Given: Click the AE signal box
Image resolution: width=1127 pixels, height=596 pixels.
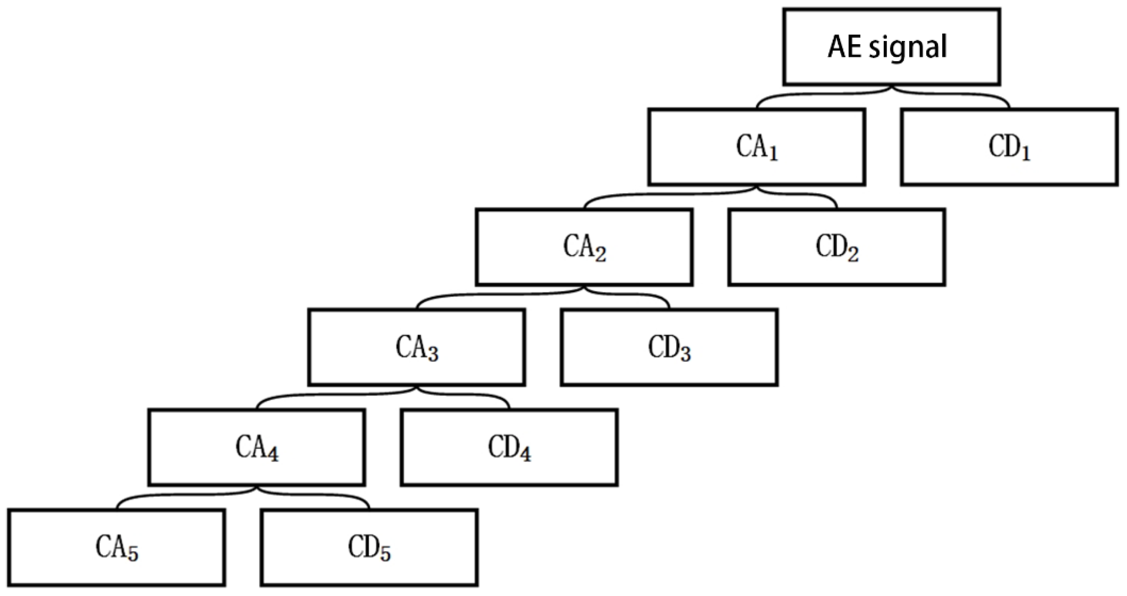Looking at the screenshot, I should (x=891, y=46).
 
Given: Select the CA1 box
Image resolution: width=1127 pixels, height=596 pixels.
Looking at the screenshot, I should (x=756, y=147).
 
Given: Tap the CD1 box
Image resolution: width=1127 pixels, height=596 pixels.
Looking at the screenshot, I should (x=1009, y=147).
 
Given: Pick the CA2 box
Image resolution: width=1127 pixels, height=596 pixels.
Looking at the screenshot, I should (x=584, y=247).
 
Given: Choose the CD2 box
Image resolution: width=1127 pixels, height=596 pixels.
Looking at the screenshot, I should (x=837, y=247).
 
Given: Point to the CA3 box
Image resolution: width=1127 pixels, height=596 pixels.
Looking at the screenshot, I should (x=416, y=348).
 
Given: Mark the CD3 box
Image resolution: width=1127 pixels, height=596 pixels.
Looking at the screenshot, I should (x=669, y=348).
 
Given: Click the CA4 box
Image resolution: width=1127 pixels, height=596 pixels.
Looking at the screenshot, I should (x=257, y=447).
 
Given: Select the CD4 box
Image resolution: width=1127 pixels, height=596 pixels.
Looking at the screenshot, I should (x=509, y=447).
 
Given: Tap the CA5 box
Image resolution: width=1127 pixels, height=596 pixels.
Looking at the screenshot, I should (x=117, y=547).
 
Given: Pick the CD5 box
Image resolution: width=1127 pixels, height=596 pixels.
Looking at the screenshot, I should (x=369, y=547).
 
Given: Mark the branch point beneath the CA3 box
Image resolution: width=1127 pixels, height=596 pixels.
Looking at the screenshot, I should (x=416, y=388).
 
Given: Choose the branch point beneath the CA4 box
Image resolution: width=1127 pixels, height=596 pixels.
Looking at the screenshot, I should (x=257, y=488).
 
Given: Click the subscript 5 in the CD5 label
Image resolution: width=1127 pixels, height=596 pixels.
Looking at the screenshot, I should (x=386, y=553).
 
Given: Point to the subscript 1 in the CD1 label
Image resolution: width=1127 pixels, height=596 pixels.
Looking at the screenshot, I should (x=1025, y=154).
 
